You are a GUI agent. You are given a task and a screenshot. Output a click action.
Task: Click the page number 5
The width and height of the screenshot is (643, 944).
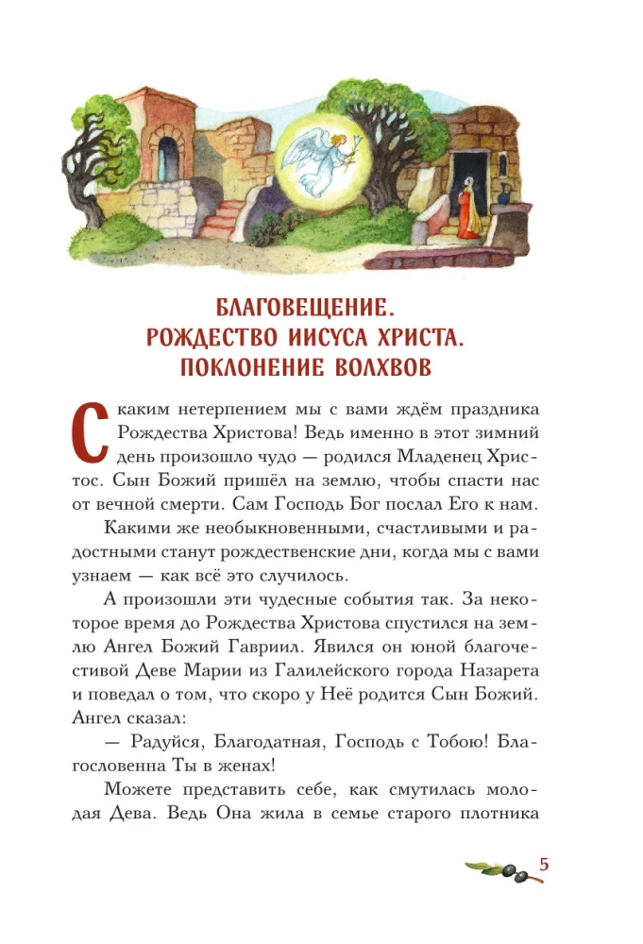pos(544,865)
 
